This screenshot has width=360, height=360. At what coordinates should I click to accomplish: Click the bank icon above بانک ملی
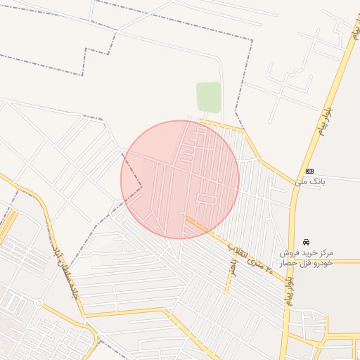pyautogui.click(x=310, y=171)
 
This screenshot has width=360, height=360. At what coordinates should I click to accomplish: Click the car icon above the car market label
pyautogui.click(x=306, y=241)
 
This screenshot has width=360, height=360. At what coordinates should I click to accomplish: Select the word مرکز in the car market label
pyautogui.click(x=325, y=252)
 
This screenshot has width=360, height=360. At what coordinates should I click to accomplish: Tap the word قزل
pyautogui.click(x=309, y=262)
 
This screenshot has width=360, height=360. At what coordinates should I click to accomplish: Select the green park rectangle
pyautogui.click(x=209, y=97)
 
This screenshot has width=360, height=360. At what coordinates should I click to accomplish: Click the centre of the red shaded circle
pyautogui.click(x=180, y=180)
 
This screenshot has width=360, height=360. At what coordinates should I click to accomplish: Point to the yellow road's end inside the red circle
pyautogui.click(x=186, y=217)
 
